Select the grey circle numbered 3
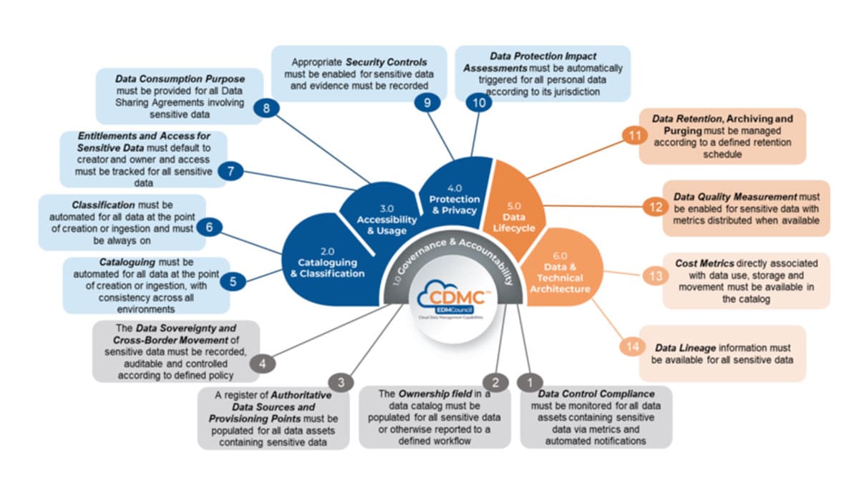tap(341, 382)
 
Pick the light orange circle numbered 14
tap(631, 346)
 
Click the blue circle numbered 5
tap(233, 281)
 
